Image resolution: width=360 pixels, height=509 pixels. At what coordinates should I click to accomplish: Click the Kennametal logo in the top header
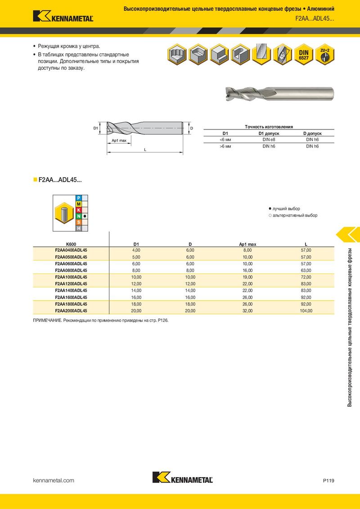(63, 16)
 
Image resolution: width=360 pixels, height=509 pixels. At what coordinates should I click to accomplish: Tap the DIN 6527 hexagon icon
(303, 54)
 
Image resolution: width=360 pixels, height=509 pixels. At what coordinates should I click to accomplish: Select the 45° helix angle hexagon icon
(282, 54)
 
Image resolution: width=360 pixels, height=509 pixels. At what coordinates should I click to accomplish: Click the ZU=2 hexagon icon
(324, 54)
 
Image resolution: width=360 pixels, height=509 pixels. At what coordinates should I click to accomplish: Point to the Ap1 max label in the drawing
(119, 141)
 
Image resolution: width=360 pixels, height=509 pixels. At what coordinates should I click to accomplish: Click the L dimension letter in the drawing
(145, 150)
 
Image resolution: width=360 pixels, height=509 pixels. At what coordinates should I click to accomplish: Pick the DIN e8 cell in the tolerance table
(269, 139)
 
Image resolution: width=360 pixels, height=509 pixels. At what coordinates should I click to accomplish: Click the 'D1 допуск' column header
(269, 134)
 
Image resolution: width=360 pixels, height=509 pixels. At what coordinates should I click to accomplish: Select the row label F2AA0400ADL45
(71, 250)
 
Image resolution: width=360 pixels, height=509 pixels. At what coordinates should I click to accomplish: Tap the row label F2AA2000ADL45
(71, 311)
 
